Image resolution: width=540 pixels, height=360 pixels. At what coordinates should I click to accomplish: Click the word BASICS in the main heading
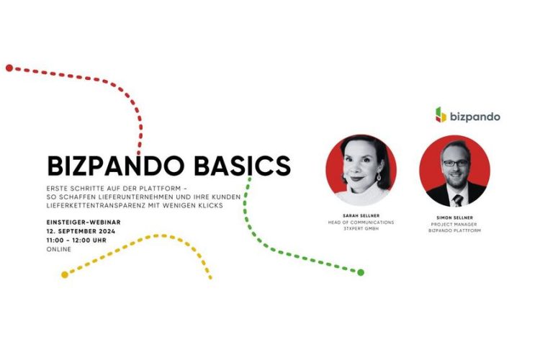click(243, 166)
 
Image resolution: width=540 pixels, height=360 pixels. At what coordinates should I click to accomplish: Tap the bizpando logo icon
click(441, 114)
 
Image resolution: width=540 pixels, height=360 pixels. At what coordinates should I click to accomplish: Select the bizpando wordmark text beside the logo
click(475, 117)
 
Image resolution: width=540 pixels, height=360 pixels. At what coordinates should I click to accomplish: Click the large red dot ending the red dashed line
click(9, 68)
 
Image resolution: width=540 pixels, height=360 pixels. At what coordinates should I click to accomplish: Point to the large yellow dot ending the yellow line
click(65, 274)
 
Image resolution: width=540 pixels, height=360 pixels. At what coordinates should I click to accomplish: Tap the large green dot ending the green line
click(361, 272)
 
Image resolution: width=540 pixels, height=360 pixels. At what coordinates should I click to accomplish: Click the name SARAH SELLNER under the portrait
click(361, 216)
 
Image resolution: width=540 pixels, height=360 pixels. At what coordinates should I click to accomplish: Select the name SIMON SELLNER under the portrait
click(454, 217)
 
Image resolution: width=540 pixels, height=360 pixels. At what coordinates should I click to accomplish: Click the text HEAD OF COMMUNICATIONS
click(361, 222)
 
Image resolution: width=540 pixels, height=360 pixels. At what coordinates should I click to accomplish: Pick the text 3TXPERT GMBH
click(361, 228)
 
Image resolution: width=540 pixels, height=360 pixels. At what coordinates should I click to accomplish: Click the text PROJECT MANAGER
click(454, 224)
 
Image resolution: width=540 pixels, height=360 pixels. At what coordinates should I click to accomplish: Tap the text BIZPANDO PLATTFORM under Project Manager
click(454, 230)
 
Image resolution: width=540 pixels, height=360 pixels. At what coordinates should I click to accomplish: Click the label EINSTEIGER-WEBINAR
click(84, 222)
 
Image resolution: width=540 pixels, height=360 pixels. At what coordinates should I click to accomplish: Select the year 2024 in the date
click(107, 231)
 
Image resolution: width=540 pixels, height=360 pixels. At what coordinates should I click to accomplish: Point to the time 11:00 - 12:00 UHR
click(76, 240)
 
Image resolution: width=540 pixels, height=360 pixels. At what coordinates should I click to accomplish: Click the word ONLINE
click(59, 249)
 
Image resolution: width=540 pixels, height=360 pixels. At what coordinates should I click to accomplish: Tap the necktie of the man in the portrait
click(458, 200)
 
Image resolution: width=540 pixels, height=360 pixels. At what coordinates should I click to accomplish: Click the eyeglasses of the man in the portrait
click(455, 163)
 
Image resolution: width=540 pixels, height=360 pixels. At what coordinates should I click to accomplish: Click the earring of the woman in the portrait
click(379, 176)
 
